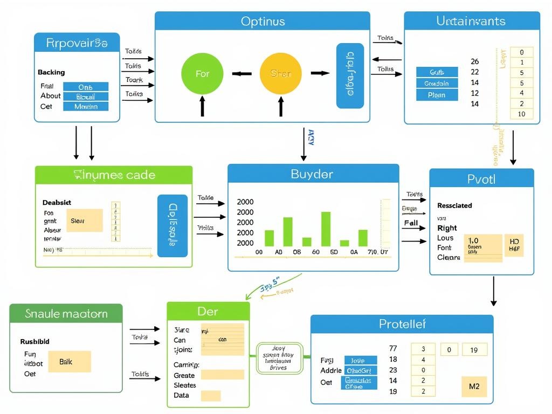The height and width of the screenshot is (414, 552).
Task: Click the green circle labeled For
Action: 202,73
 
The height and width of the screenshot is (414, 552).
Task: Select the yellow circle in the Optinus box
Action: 280,73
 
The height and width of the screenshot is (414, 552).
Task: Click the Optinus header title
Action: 263,22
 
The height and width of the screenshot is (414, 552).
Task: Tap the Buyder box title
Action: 312,174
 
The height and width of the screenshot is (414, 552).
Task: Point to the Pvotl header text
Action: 481,178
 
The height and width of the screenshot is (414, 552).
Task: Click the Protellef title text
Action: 402,324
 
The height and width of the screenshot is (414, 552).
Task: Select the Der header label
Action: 208,312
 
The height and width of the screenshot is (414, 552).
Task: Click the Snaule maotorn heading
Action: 66,314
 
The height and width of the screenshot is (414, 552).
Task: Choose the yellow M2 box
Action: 474,387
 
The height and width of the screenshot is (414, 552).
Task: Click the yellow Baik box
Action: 69,362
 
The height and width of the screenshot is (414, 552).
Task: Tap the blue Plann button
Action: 437,95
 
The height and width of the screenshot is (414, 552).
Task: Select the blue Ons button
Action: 85,87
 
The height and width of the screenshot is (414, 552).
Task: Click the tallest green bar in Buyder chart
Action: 326,229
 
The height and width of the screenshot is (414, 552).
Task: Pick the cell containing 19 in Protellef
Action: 474,350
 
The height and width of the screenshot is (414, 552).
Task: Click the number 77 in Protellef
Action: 393,349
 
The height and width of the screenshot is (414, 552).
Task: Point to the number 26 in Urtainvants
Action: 474,61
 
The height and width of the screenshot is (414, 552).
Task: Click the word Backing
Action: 51,72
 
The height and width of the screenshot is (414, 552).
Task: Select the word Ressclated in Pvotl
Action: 454,205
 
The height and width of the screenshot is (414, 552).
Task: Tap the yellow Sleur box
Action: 84,220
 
